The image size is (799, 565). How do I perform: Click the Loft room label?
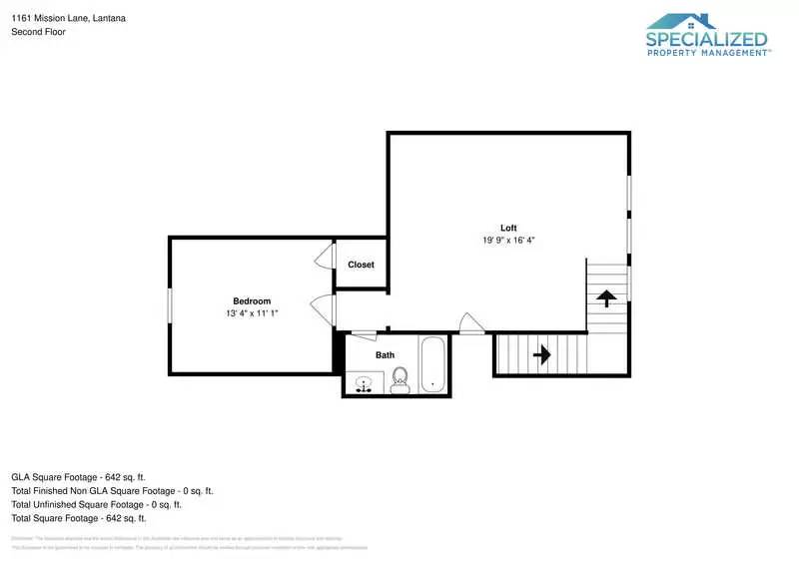pos(508,227)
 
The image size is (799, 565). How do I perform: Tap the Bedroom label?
pos(252,301)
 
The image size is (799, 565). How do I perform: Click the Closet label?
pos(361,265)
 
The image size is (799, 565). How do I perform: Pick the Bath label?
pos(385,355)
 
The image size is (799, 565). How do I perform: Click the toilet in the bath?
pos(400,379)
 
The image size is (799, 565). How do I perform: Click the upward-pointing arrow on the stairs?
pos(606,296)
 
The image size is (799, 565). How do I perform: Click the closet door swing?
pos(323,258)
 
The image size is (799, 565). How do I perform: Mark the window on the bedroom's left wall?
pos(170,304)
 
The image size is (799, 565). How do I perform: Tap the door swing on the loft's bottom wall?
pos(470,323)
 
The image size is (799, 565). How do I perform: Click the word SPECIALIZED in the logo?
pos(707,40)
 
